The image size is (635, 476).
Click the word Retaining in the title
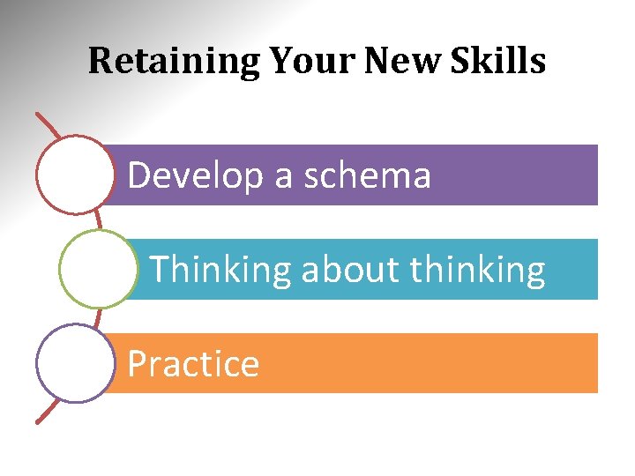175,62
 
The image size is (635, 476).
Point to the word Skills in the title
500,61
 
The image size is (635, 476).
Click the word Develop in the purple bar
195,176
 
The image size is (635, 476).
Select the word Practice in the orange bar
193,364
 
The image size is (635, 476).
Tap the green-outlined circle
98,269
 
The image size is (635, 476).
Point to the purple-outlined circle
76,363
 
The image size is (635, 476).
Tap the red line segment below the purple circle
49,412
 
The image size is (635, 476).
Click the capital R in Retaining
100,61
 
